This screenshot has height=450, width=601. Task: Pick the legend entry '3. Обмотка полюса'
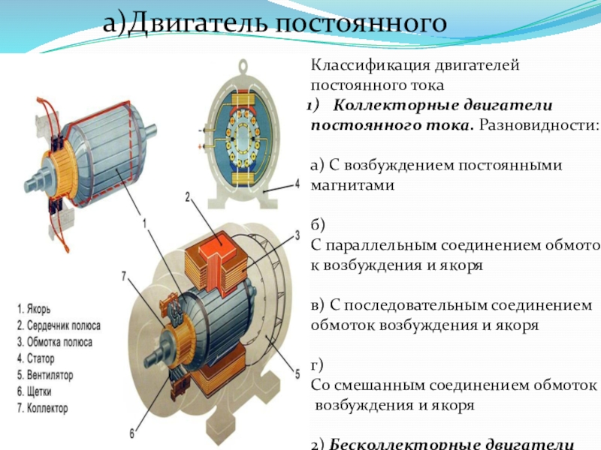coord(54,342)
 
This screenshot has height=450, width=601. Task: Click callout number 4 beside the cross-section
coord(297,182)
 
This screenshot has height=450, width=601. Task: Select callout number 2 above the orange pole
coord(188,196)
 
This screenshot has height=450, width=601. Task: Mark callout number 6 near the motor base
coord(131,433)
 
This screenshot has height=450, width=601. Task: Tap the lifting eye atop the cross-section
coord(244,67)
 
